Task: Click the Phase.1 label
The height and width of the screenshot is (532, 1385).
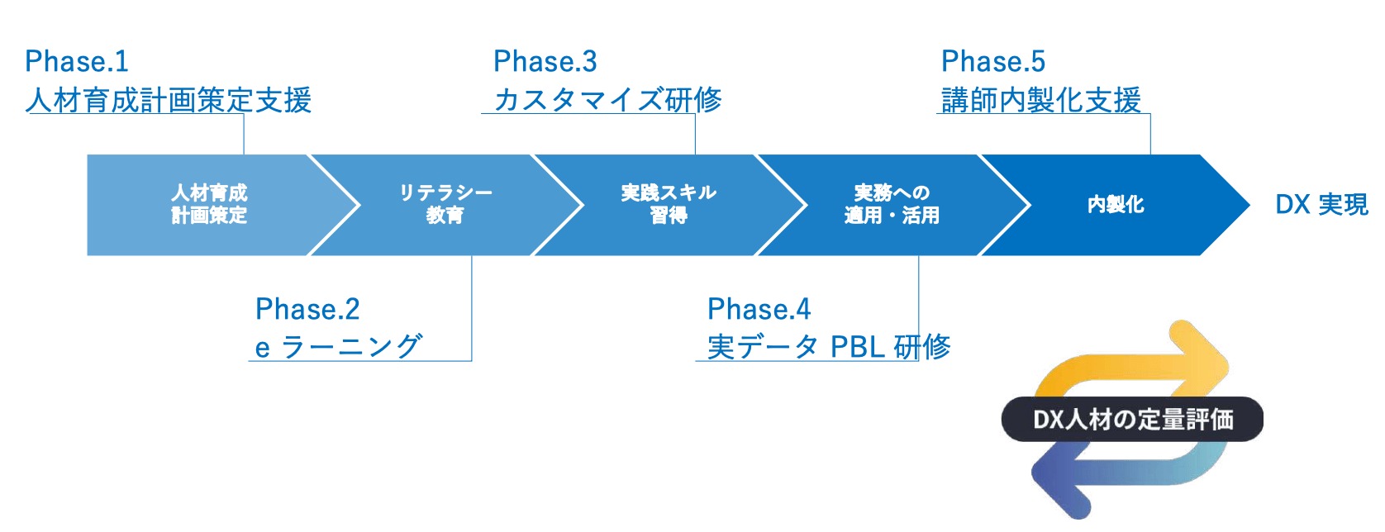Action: coord(77,61)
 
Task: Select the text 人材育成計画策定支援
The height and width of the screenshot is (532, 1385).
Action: coord(169,100)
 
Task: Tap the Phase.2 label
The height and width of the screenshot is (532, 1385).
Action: coord(307,309)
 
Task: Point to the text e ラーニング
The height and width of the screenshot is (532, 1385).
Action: coord(339,347)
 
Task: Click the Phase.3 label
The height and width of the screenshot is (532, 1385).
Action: coord(545,61)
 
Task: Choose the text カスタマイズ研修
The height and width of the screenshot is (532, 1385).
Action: coord(607,100)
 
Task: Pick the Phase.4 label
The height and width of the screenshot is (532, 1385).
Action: coord(759,309)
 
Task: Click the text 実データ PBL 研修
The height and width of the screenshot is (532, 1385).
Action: coord(829,347)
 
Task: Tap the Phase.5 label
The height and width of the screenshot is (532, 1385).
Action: coord(993,61)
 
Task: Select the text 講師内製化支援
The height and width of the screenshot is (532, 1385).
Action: coord(1041,100)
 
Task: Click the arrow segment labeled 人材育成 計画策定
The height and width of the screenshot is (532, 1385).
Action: coord(209,204)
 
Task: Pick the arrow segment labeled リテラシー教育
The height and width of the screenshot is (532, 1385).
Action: coord(445,204)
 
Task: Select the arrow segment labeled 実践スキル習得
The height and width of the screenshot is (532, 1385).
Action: coord(669,204)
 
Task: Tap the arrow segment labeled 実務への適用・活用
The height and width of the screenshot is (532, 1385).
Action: coord(892,204)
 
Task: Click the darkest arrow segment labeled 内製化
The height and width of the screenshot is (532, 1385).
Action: coord(1116,204)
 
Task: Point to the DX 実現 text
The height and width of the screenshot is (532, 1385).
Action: coord(1321,204)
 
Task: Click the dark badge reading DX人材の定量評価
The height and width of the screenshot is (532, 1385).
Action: coord(1132,420)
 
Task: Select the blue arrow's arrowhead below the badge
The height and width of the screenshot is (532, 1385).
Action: coord(1058,487)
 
